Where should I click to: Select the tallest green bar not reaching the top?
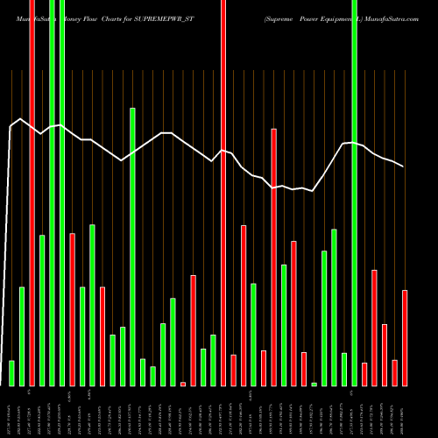click(x=132, y=246)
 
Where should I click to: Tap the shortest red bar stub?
click(x=183, y=384)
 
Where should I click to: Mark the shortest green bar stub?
click(x=314, y=384)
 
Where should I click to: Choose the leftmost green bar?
click(x=11, y=373)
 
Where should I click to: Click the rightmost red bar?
click(x=405, y=337)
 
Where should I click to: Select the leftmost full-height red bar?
click(x=32, y=193)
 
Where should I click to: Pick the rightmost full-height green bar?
click(x=354, y=193)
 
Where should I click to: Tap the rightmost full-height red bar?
click(x=223, y=193)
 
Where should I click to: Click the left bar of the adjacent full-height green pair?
click(x=52, y=193)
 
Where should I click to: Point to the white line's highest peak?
click(x=32, y=120)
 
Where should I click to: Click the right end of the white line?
click(x=404, y=166)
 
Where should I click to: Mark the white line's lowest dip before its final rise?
click(x=313, y=190)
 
